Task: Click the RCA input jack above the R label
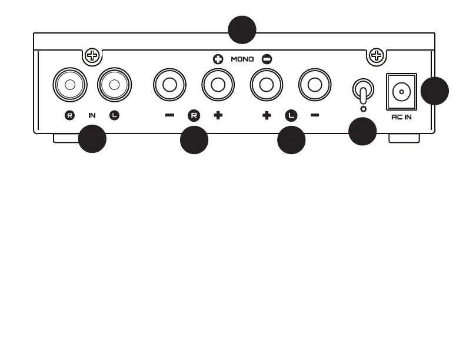click(x=70, y=85)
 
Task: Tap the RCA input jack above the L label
click(x=115, y=85)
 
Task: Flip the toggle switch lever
click(x=364, y=92)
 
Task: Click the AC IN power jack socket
click(x=401, y=91)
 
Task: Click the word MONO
click(x=242, y=59)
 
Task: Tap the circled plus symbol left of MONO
click(x=218, y=59)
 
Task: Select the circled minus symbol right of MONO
click(x=267, y=59)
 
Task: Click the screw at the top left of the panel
click(x=92, y=56)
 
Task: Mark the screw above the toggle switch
click(x=375, y=56)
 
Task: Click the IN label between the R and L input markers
click(x=92, y=115)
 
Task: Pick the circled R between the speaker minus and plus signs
click(x=194, y=115)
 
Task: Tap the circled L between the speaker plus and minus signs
click(x=291, y=115)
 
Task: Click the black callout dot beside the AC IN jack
click(x=435, y=91)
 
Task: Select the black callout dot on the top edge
click(x=242, y=29)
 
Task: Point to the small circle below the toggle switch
click(x=364, y=109)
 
